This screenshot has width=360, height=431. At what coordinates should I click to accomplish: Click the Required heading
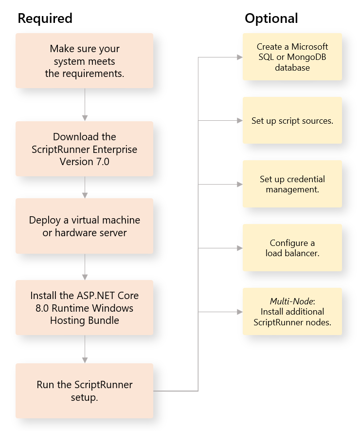[x=45, y=19]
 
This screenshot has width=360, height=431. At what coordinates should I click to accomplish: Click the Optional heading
[x=271, y=19]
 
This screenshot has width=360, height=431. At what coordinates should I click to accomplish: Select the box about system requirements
[x=85, y=61]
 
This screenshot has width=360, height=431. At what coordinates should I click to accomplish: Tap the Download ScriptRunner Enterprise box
[x=85, y=149]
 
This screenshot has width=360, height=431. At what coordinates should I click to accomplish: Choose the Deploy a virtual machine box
[x=85, y=226]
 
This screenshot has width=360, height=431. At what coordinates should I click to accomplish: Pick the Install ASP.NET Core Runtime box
[x=85, y=307]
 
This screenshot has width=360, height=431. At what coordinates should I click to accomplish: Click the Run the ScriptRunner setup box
[x=85, y=391]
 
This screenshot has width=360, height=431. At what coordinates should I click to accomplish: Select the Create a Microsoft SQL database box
[x=292, y=57]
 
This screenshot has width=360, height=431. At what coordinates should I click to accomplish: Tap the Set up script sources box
[x=292, y=121]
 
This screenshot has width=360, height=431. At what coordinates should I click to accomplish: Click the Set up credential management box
[x=292, y=184]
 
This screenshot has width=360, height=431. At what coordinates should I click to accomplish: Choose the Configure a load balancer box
[x=292, y=248]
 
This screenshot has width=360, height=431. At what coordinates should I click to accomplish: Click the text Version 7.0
[x=85, y=162]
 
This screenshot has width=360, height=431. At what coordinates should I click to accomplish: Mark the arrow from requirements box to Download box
[x=85, y=105]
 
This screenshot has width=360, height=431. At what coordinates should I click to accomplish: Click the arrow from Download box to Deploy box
[x=85, y=187]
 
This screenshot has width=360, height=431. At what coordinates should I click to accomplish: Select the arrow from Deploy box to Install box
[x=85, y=266]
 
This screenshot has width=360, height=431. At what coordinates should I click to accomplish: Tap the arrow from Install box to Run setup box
[x=85, y=349]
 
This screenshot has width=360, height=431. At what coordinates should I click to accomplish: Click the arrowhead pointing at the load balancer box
[x=239, y=248]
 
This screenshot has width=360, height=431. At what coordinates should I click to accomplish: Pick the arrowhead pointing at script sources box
[x=239, y=121]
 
